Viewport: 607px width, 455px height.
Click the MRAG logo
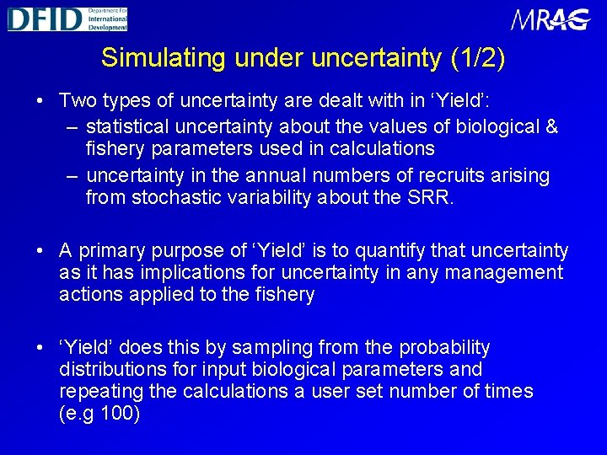[550, 19]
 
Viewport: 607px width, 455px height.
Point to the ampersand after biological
[551, 126]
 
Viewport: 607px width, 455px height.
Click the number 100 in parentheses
[118, 413]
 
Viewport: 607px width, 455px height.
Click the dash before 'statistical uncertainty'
[73, 127]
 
